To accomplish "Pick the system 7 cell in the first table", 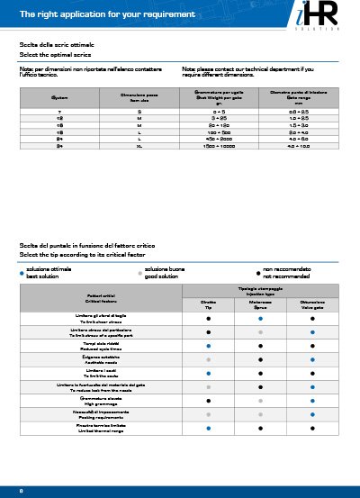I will pyautogui.click(x=59, y=110).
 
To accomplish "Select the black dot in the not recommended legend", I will pyautogui.click(x=258, y=272).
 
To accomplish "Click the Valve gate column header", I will pyautogui.click(x=311, y=303).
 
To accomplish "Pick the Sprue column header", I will pyautogui.click(x=260, y=303).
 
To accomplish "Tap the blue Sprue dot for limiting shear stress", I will pyautogui.click(x=260, y=318).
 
